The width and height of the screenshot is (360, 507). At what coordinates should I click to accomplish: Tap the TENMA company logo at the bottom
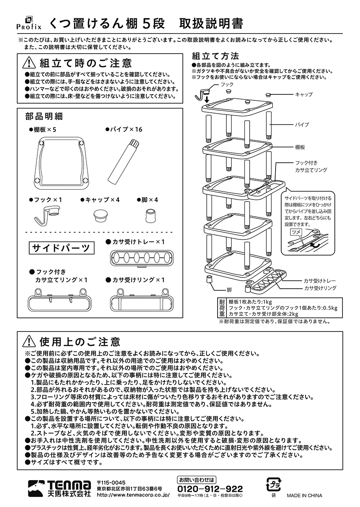tap(60, 488)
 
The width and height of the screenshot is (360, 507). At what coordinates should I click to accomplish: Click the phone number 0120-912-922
tap(210, 489)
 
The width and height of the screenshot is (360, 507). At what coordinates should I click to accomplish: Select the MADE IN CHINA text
tap(304, 495)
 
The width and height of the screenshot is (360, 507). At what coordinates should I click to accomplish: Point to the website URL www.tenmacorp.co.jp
tap(133, 495)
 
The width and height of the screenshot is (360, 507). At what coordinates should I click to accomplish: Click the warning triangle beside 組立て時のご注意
tap(30, 64)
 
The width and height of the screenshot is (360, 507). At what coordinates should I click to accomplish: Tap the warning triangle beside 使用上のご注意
tap(30, 341)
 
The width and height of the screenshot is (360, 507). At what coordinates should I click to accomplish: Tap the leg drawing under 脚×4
tap(151, 215)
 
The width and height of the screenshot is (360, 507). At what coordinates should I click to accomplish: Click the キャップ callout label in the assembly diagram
tap(304, 94)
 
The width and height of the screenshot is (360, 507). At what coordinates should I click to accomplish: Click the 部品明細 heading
tap(44, 116)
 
